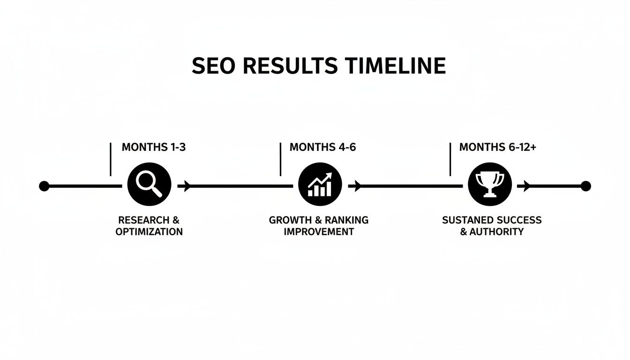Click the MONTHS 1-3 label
tap(153, 147)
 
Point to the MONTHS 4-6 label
tap(322, 147)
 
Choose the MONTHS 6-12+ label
tap(497, 147)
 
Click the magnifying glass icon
tap(149, 186)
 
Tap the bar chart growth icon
tap(320, 186)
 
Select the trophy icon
tap(490, 186)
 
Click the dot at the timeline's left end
tap(44, 186)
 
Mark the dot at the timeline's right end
tap(585, 186)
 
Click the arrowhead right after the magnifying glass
tap(187, 186)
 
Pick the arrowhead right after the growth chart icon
tap(357, 186)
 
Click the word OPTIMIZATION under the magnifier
tap(149, 232)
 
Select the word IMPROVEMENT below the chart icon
tap(319, 232)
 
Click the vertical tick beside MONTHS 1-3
tap(110, 159)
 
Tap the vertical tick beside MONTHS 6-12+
tap(450, 159)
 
